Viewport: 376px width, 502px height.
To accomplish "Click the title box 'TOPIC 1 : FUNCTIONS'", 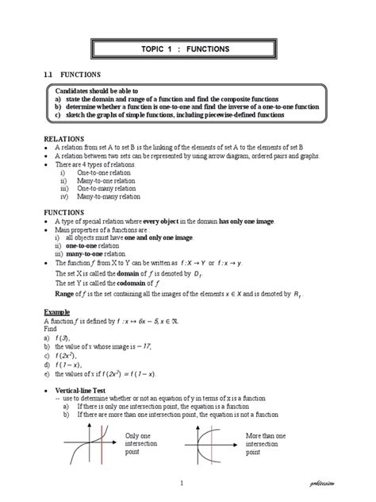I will tap(186, 49).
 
